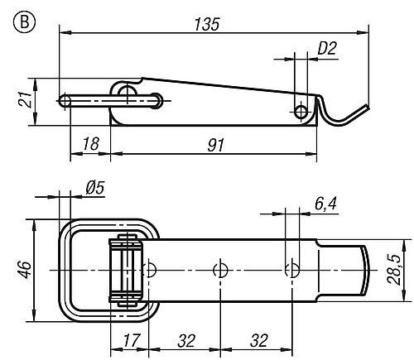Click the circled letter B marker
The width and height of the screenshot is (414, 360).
click(24, 22)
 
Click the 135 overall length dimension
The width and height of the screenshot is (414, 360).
click(207, 24)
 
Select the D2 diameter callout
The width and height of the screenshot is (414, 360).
click(327, 48)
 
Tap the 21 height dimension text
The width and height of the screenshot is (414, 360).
click(25, 99)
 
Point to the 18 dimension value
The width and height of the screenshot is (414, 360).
click(90, 144)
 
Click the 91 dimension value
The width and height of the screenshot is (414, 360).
click(216, 145)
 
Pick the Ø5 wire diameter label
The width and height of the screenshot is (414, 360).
click(95, 188)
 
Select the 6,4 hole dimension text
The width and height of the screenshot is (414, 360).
click(325, 204)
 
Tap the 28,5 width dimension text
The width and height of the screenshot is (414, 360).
click(393, 270)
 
